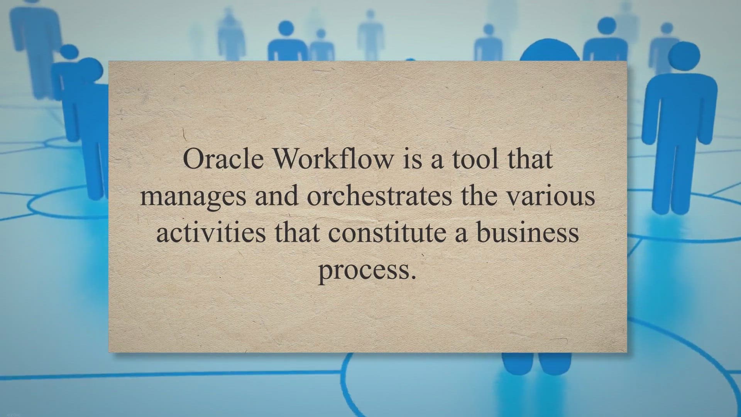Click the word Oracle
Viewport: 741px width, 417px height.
(223, 158)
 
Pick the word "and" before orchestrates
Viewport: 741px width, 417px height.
(276, 195)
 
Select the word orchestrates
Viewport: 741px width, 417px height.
(379, 195)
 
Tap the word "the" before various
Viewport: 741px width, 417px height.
(479, 195)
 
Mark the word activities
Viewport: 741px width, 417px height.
(211, 232)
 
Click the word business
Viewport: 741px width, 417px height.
(527, 232)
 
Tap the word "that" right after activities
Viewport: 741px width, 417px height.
(297, 232)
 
